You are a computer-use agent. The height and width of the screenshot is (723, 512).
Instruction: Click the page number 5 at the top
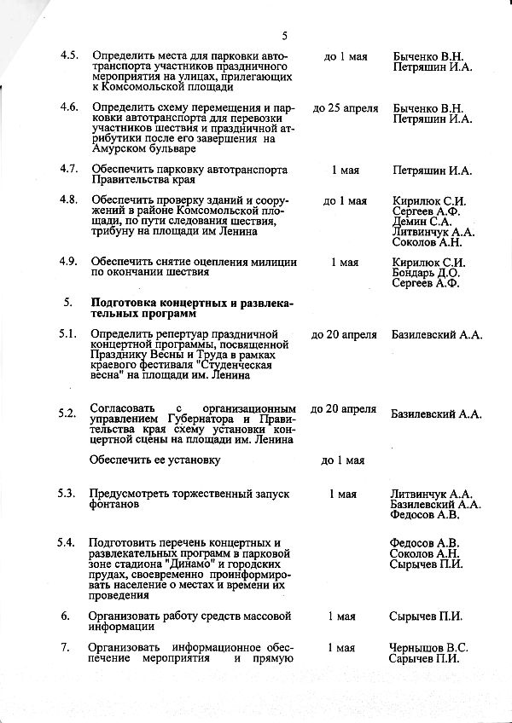pos(284,35)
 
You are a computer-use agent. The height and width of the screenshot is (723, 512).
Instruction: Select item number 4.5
pos(69,56)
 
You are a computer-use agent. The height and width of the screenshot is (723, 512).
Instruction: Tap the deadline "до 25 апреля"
pos(345,108)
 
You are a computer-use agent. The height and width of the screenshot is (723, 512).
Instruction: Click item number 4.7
pos(69,170)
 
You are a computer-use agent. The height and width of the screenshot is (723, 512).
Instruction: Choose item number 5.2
pos(69,414)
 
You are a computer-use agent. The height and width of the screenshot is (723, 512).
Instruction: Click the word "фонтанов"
pos(113,505)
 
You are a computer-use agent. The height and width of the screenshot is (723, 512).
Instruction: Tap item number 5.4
pos(69,543)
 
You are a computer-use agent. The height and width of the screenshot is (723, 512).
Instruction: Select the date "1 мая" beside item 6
pos(342,616)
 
